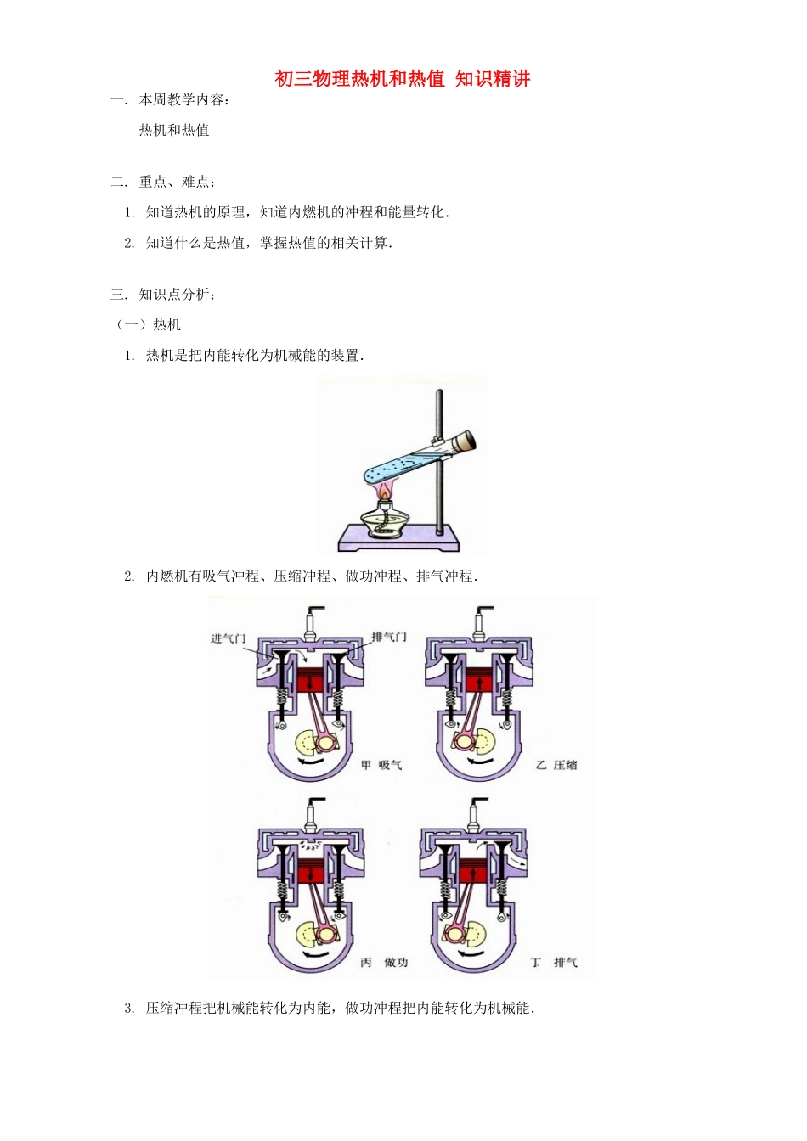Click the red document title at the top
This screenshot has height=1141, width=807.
402,79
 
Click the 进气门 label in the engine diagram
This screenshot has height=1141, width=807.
228,638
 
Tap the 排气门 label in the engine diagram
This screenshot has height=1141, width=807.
389,637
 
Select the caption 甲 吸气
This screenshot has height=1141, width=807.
381,765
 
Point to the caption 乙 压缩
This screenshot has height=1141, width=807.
556,765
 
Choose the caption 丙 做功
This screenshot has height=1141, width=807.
384,962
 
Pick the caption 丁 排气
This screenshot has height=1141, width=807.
554,962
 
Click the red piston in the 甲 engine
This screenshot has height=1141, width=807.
311,682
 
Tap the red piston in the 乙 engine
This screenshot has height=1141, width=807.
480,682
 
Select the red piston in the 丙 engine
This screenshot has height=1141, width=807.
311,871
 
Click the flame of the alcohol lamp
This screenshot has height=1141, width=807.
384,492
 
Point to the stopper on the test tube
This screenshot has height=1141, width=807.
464,440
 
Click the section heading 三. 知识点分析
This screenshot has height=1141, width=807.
163,295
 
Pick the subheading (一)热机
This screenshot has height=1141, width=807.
149,324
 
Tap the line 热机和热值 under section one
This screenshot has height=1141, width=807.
174,130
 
